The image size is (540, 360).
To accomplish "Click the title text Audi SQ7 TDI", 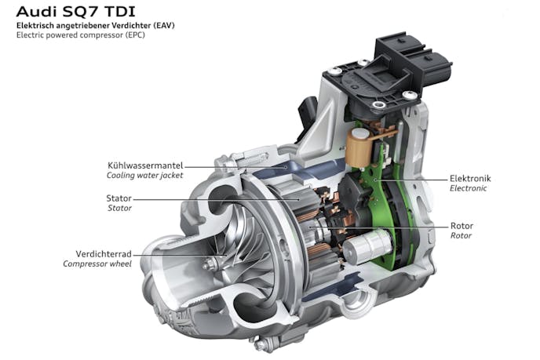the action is click(76, 12).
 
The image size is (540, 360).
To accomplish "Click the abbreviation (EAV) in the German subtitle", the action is click(164, 25).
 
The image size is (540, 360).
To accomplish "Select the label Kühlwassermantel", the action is click(145, 165).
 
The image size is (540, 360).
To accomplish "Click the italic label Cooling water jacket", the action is click(144, 175).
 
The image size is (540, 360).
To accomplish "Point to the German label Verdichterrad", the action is click(104, 254).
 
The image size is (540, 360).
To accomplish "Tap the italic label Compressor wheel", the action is click(97, 264).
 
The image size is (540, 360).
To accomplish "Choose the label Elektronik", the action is click(470, 178).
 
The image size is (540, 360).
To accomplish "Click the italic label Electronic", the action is click(468, 188).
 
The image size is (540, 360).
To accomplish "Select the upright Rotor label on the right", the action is click(462, 226).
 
